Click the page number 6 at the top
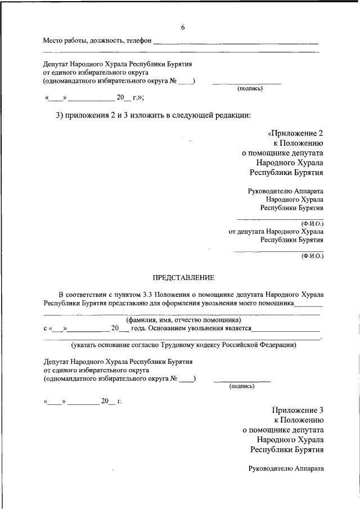click(183, 28)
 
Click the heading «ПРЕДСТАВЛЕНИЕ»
click(183, 278)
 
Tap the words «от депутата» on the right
click(247, 231)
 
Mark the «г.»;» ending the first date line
click(137, 97)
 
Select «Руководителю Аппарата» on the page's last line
click(286, 468)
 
